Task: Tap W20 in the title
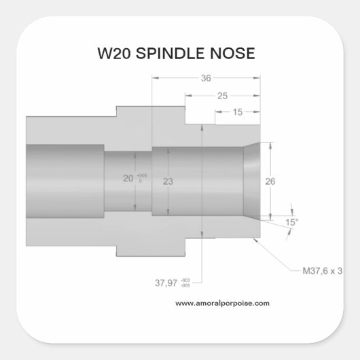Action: (116, 54)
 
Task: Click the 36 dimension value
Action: (206, 78)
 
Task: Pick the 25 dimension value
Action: (221, 96)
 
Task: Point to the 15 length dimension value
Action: (238, 112)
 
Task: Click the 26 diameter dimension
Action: (269, 181)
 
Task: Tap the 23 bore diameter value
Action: (169, 181)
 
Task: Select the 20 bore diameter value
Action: (128, 179)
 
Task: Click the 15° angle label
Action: (291, 222)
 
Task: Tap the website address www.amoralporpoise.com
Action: (222, 303)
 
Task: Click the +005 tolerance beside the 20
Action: (141, 175)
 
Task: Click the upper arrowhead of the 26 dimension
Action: (271, 145)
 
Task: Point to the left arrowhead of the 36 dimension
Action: (154, 78)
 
